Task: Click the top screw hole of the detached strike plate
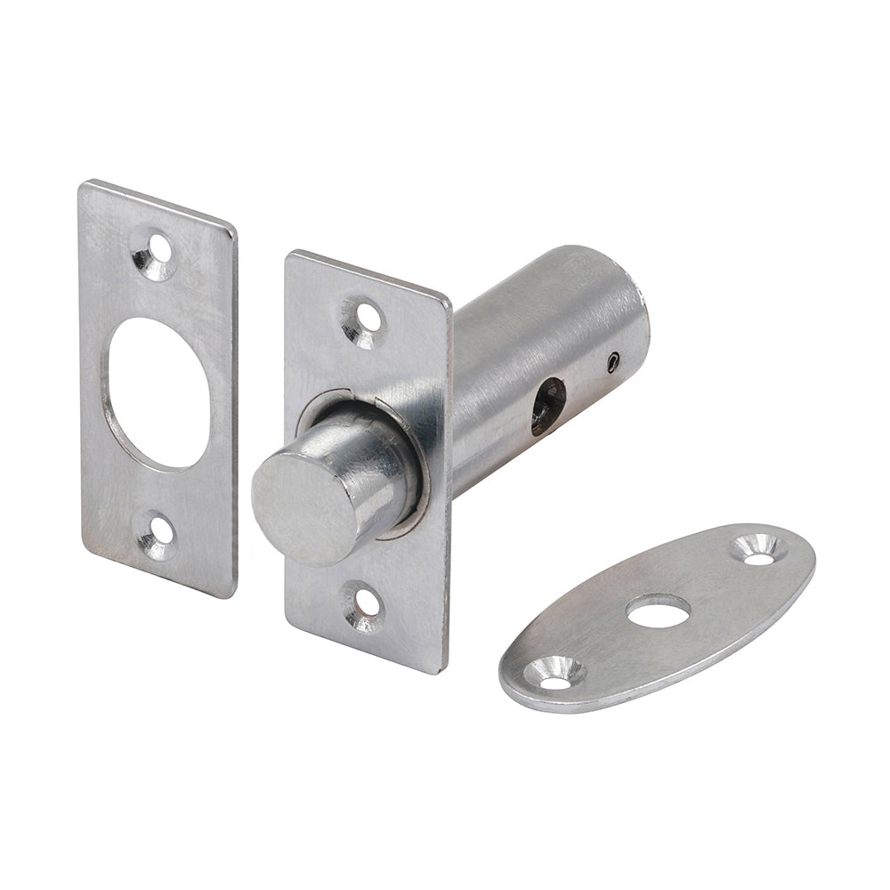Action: point(159,245)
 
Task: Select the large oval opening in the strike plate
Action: point(159,392)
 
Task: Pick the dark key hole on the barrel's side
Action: point(547,405)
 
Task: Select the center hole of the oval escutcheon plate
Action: point(658,611)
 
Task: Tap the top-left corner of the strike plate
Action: point(84,185)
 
